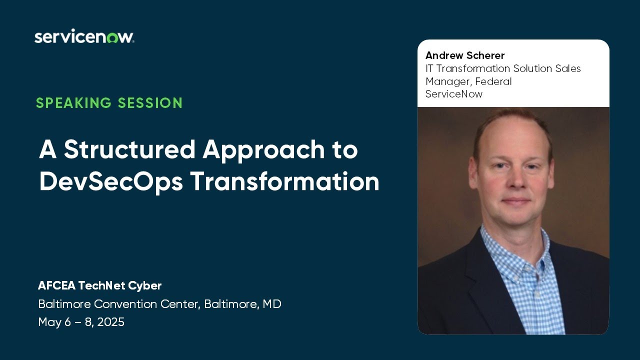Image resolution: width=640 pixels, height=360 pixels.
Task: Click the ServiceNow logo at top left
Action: pos(84,37)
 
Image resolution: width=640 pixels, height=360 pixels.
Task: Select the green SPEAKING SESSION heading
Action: pos(109,103)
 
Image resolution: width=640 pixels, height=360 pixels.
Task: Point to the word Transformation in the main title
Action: pos(284,181)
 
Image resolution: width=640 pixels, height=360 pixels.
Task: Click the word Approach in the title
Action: pos(266,150)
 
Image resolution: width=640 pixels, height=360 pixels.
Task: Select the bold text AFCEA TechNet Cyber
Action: pos(99,285)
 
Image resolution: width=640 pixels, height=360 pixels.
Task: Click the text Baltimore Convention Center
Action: pos(119,303)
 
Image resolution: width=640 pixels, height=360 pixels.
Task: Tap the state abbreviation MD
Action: pos(272,303)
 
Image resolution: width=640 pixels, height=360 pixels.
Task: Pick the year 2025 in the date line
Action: pos(110,322)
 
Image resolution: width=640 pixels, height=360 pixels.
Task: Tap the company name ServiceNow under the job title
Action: pos(454,94)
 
